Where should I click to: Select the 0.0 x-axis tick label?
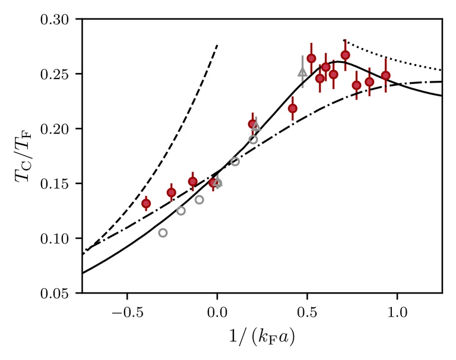click(217, 310)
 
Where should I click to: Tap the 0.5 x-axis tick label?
click(307, 310)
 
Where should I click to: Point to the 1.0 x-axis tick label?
click(397, 310)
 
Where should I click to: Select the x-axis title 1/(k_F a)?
click(262, 336)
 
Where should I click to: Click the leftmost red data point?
click(145, 203)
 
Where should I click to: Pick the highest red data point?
click(345, 55)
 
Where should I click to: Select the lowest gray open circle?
click(163, 233)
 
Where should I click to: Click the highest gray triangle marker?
click(302, 72)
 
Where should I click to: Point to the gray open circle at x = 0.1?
click(235, 162)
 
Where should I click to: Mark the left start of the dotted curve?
click(345, 41)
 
